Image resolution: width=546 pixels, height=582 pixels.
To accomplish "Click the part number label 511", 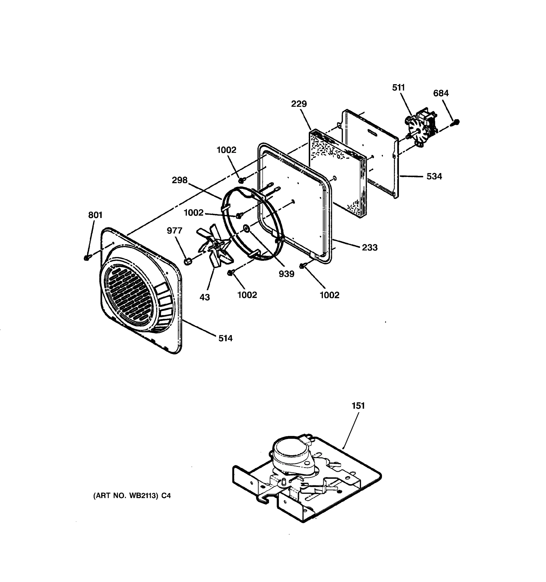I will click(398, 88).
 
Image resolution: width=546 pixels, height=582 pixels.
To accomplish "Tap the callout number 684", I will click(441, 93).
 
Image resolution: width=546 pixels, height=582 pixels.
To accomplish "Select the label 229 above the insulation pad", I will click(299, 104).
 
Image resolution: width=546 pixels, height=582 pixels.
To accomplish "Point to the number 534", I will click(434, 176).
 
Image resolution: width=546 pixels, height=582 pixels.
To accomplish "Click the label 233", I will click(370, 247).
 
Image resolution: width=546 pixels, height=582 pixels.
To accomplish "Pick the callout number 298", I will click(180, 180).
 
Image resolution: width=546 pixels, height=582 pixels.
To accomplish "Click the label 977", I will click(174, 231).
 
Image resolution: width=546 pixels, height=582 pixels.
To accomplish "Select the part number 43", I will click(205, 297).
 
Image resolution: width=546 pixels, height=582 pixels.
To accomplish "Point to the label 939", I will click(287, 274).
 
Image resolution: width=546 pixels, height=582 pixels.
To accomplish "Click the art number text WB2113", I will click(143, 496).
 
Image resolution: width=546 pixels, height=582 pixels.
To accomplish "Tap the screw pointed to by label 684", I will click(456, 122).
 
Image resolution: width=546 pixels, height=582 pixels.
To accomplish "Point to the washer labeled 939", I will click(246, 227).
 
